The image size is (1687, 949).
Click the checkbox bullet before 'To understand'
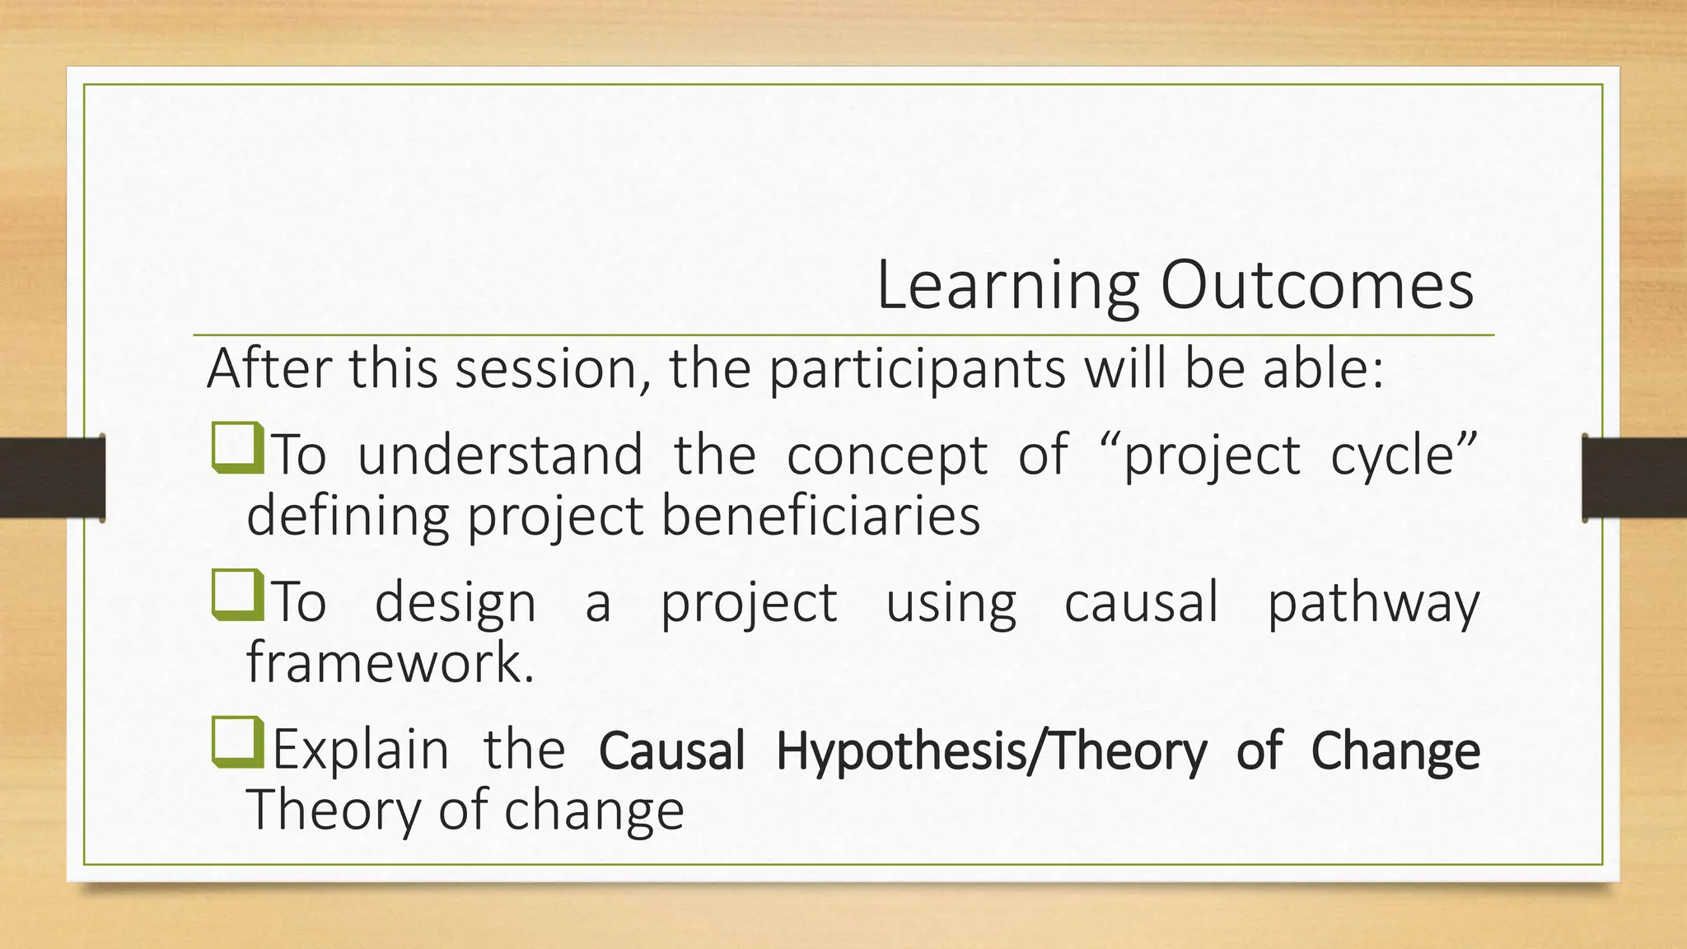pos(237,448)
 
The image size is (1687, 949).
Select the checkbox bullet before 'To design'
pos(237,595)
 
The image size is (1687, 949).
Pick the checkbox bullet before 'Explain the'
pos(237,742)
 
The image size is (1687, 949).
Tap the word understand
pos(500,455)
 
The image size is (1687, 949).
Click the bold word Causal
pos(671,751)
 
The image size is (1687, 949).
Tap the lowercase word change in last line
pos(594,811)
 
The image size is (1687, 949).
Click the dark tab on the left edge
pos(52,478)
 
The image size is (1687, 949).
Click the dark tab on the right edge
pos(1634,478)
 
